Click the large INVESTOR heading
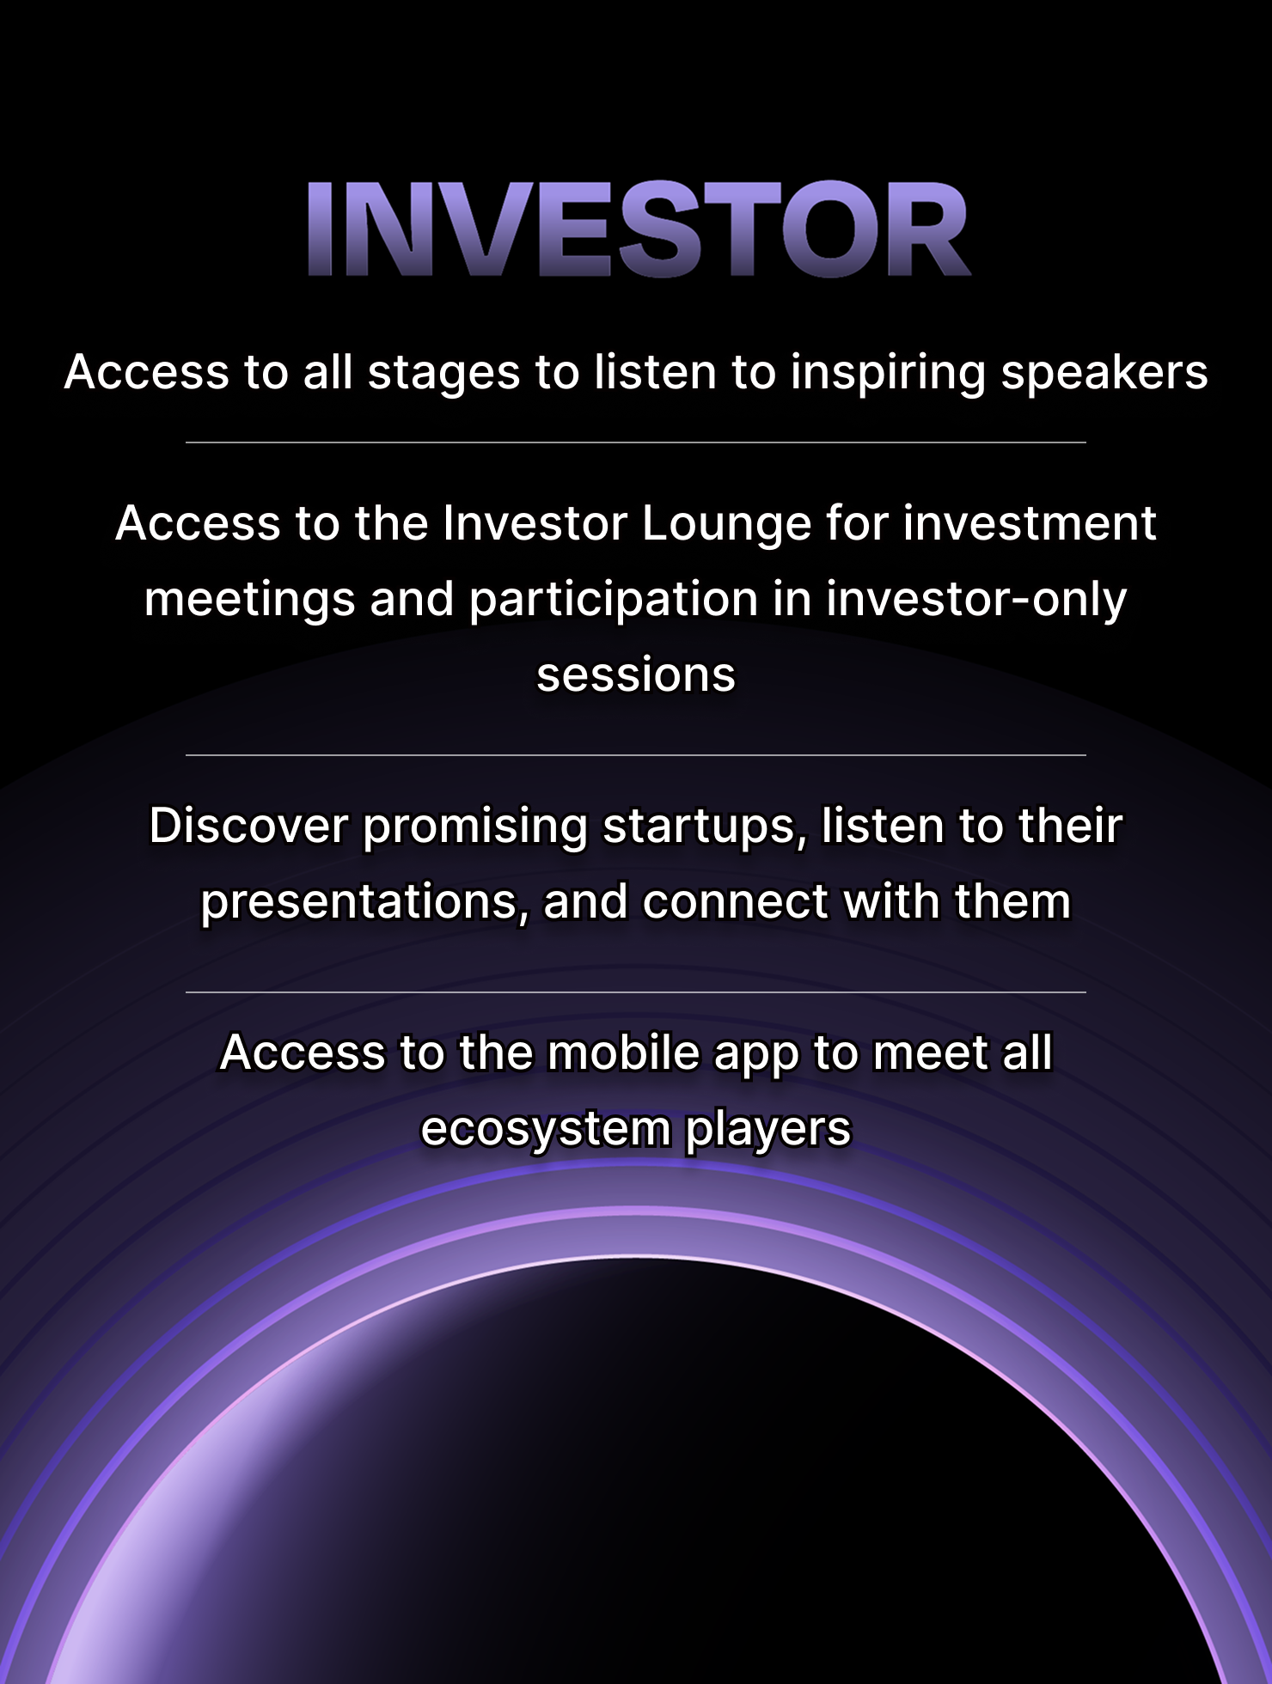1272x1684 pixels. (639, 229)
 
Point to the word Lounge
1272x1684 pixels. (726, 525)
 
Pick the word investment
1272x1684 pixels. (1030, 523)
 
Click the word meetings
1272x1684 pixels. (249, 601)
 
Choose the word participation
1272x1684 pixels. (613, 601)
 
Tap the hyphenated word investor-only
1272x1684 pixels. (976, 601)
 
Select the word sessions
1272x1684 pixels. (636, 675)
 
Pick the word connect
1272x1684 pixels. (735, 902)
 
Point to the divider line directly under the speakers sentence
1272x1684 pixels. (636, 442)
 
